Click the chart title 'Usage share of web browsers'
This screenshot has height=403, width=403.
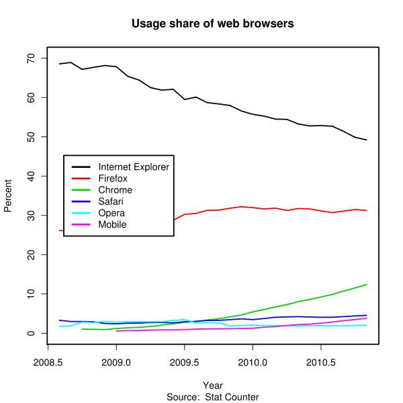click(213, 24)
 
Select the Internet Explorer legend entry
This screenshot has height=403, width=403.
click(134, 167)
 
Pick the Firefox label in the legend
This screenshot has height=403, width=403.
click(113, 179)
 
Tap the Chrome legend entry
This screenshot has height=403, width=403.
click(115, 190)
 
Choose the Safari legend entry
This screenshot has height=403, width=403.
click(111, 201)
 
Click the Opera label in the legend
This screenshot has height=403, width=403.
click(111, 213)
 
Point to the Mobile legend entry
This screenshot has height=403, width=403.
click(112, 224)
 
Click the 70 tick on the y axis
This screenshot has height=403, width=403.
click(31, 58)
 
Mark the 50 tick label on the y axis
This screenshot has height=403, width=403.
click(31, 137)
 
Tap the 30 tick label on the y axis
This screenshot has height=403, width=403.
click(31, 216)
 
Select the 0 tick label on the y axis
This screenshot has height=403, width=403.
click(31, 333)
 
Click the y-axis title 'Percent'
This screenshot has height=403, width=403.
click(8, 195)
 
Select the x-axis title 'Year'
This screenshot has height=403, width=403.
click(213, 386)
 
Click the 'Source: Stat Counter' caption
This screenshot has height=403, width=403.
click(213, 397)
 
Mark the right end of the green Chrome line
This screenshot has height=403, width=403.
click(367, 284)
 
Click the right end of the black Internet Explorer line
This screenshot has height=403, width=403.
click(367, 140)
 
